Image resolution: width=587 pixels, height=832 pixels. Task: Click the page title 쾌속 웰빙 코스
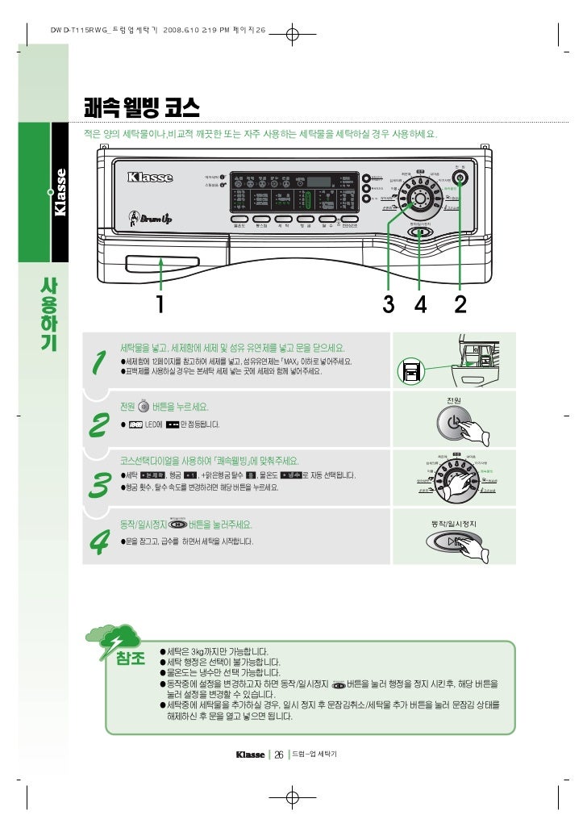pyautogui.click(x=141, y=107)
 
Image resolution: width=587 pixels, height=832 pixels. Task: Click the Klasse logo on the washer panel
pyautogui.click(x=149, y=177)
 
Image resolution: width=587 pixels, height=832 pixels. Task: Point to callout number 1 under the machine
pyautogui.click(x=160, y=304)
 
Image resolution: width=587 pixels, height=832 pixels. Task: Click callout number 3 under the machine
pyautogui.click(x=388, y=304)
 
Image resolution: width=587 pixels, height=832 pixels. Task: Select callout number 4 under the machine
pyautogui.click(x=419, y=304)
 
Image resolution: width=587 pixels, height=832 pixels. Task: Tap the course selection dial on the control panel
pyautogui.click(x=419, y=200)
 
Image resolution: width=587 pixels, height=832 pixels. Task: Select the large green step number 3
pyautogui.click(x=100, y=484)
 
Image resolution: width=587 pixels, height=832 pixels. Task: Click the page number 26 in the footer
pyautogui.click(x=278, y=755)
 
